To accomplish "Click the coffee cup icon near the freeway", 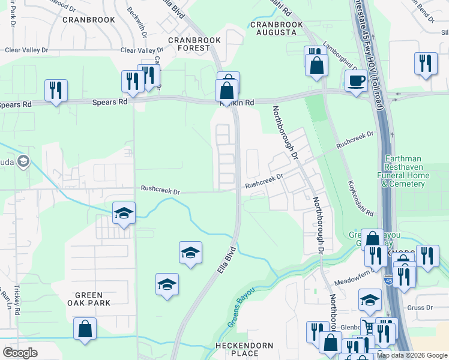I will click(356, 80).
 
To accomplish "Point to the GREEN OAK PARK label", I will click(93, 299).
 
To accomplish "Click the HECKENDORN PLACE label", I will click(244, 350).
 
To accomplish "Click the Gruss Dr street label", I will click(420, 308).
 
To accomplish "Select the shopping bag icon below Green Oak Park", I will click(85, 329).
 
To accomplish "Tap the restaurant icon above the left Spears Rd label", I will click(56, 90).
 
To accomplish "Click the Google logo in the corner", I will click(20, 353).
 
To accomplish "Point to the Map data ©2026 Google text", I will click(412, 355).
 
